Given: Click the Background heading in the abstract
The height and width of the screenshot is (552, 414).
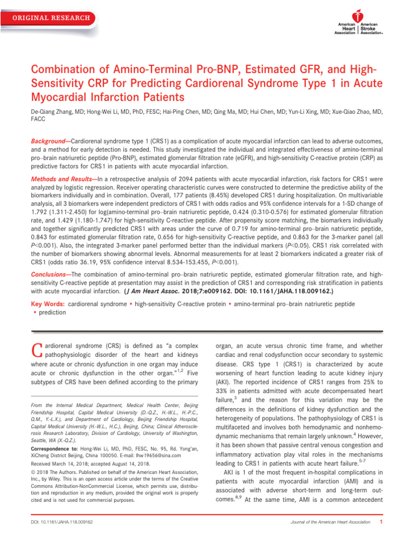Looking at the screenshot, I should tap(50, 140).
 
